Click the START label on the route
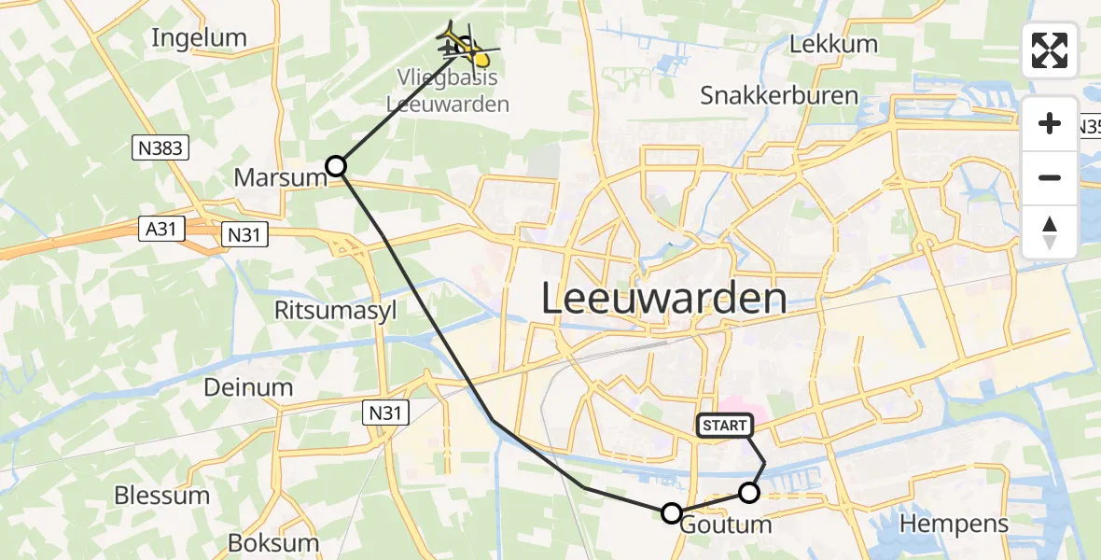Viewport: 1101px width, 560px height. click(x=725, y=426)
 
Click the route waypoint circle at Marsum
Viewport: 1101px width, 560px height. click(x=336, y=166)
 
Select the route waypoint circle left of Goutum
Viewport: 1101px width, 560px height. click(x=671, y=512)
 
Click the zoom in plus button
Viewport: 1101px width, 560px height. click(x=1050, y=124)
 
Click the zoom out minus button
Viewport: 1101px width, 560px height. click(x=1050, y=177)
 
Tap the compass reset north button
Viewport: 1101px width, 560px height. click(x=1050, y=231)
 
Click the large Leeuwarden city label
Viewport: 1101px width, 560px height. click(x=663, y=299)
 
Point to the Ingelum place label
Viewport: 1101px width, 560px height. click(x=199, y=38)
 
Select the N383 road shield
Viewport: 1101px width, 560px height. click(x=161, y=147)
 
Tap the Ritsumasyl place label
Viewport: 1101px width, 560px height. click(x=336, y=310)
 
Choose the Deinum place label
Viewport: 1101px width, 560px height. click(x=247, y=386)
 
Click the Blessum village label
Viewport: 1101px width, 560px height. click(x=161, y=495)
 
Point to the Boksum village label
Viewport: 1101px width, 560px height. click(x=273, y=542)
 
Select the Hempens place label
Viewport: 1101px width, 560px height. click(x=954, y=524)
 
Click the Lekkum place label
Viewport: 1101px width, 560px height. click(x=833, y=44)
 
